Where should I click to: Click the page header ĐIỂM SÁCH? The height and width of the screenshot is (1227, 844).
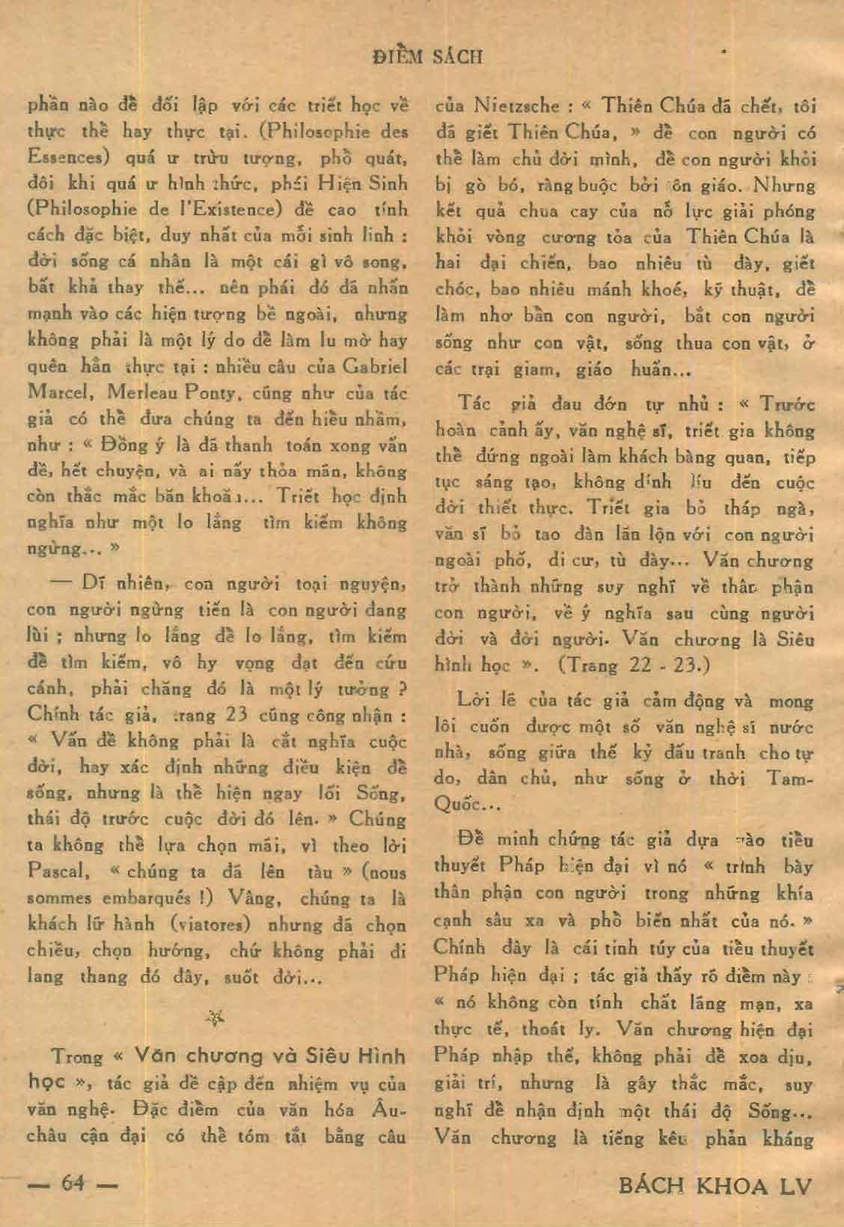click(428, 56)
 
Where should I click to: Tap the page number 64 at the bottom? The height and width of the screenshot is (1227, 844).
click(73, 1186)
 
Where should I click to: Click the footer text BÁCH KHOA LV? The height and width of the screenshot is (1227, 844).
click(716, 1186)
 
